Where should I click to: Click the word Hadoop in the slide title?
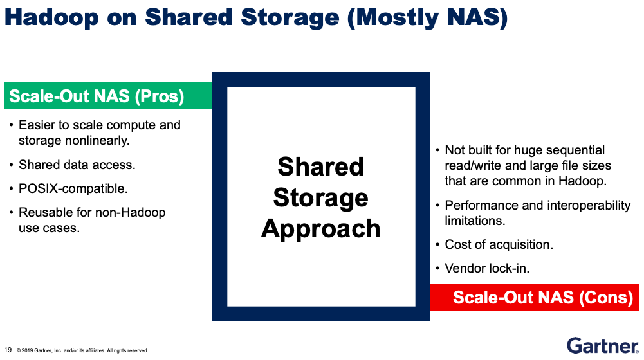tap(51, 17)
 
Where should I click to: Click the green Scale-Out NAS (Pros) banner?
tap(108, 96)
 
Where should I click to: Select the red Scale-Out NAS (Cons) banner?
tap(535, 297)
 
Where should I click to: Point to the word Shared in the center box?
tap(321, 166)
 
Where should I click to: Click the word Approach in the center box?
tap(321, 229)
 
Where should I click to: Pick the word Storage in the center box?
tap(321, 198)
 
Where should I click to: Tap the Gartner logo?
tap(603, 346)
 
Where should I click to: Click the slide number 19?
tap(8, 350)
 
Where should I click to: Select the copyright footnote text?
tap(82, 350)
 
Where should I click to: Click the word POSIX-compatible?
tap(73, 188)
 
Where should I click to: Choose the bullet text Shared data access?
tap(77, 165)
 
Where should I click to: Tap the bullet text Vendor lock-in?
tap(487, 268)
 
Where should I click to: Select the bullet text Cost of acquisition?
tap(499, 244)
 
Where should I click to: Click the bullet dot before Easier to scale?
tap(11, 125)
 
